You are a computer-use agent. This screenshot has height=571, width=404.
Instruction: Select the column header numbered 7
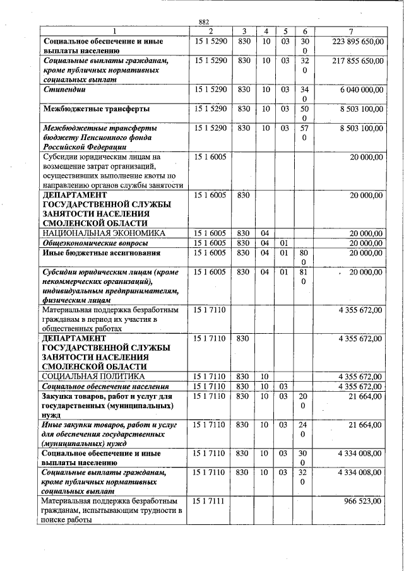click(x=350, y=32)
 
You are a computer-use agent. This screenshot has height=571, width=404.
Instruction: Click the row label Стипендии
click(x=64, y=90)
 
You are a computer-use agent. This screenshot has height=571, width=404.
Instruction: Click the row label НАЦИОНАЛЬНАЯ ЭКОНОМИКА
click(x=104, y=233)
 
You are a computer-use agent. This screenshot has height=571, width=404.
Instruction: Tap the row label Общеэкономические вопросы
click(x=95, y=243)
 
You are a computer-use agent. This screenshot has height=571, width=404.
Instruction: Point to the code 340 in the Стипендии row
click(x=305, y=95)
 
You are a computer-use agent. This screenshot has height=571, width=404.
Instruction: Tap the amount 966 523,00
click(x=362, y=501)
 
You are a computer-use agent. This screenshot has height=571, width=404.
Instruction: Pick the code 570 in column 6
click(x=305, y=132)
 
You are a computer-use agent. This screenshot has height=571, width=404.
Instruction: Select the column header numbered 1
click(x=114, y=32)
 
